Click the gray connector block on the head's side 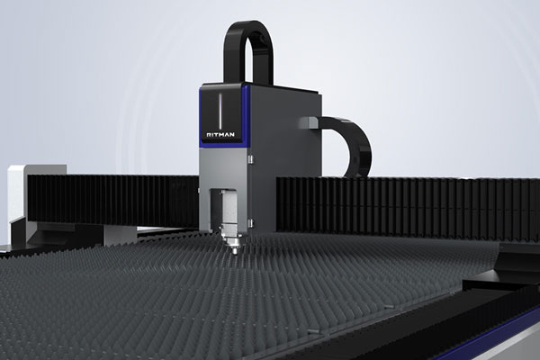[311, 122]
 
